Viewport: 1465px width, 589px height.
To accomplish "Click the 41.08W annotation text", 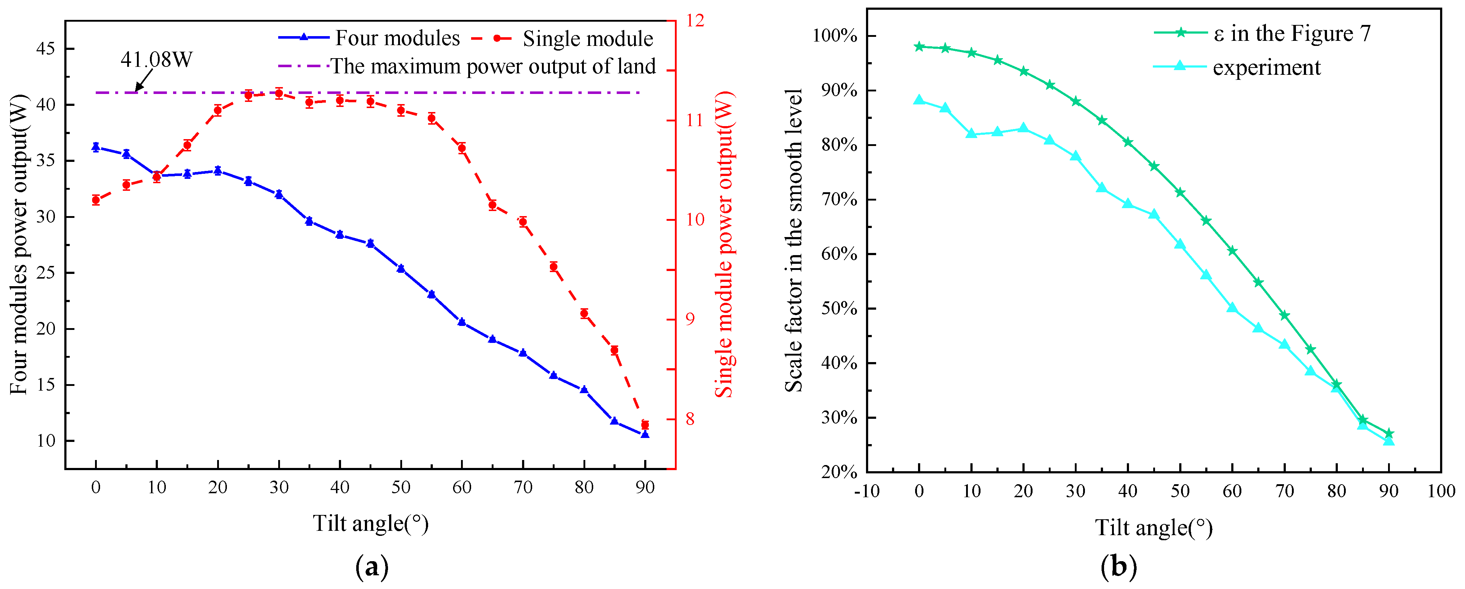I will (x=156, y=59).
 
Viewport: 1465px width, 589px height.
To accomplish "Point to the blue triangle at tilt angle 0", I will (x=95, y=147).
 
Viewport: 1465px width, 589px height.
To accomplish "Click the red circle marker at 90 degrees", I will (x=645, y=425).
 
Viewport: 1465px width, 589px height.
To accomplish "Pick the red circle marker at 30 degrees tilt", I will (x=279, y=93).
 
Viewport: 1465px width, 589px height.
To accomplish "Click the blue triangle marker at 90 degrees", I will (x=645, y=434).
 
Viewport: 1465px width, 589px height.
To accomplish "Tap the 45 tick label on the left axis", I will (x=46, y=49).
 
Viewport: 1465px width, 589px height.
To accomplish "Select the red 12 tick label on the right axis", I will (x=695, y=21).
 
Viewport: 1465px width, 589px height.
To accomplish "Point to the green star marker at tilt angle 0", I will (x=919, y=47).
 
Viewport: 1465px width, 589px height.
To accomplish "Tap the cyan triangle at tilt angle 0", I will (x=919, y=100).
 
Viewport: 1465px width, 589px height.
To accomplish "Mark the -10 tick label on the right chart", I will (x=867, y=491).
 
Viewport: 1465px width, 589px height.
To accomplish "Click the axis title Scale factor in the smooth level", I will (x=794, y=240).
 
